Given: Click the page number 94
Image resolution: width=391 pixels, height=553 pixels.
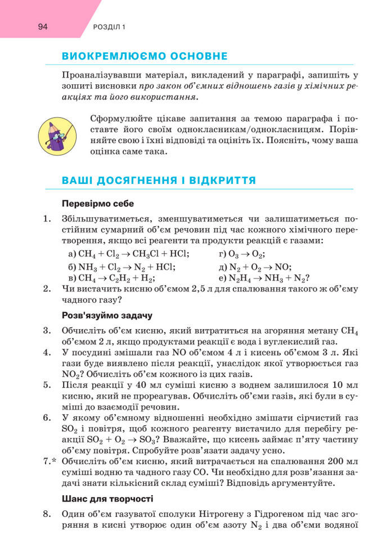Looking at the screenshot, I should pos(44,27).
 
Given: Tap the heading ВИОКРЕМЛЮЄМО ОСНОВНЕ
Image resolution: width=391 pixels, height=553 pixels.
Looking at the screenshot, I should pos(145,56).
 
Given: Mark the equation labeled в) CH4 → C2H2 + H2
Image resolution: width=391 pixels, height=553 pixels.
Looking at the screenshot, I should pos(111,278).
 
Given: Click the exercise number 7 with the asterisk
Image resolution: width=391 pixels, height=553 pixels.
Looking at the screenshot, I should pos(50,462).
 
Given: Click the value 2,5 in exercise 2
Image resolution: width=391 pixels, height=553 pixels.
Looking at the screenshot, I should pos(210,289).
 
